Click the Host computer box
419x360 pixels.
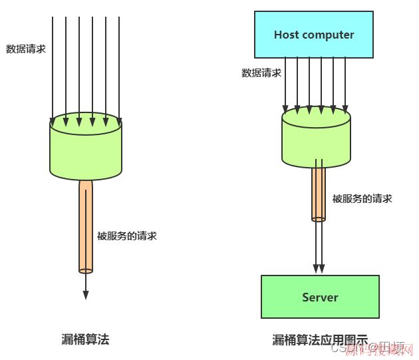[314, 35]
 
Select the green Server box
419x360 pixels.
[320, 297]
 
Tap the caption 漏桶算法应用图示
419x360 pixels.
[320, 340]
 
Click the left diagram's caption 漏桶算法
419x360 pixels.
[85, 339]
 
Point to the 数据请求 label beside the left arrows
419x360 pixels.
[26, 49]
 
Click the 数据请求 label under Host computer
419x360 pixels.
[261, 73]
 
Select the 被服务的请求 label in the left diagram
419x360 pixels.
[126, 236]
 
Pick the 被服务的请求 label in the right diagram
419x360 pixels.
[362, 198]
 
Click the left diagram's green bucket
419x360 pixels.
[85, 150]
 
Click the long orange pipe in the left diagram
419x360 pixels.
[85, 226]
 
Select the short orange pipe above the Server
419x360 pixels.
[319, 193]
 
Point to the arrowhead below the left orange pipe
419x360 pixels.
[85, 294]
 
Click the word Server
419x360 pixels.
[320, 297]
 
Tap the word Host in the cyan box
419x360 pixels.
[286, 35]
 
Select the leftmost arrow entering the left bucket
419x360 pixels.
[53, 67]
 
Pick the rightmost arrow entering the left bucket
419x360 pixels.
[119, 67]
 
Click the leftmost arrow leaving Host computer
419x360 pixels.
[285, 83]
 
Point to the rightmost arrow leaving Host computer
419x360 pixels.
[345, 83]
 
